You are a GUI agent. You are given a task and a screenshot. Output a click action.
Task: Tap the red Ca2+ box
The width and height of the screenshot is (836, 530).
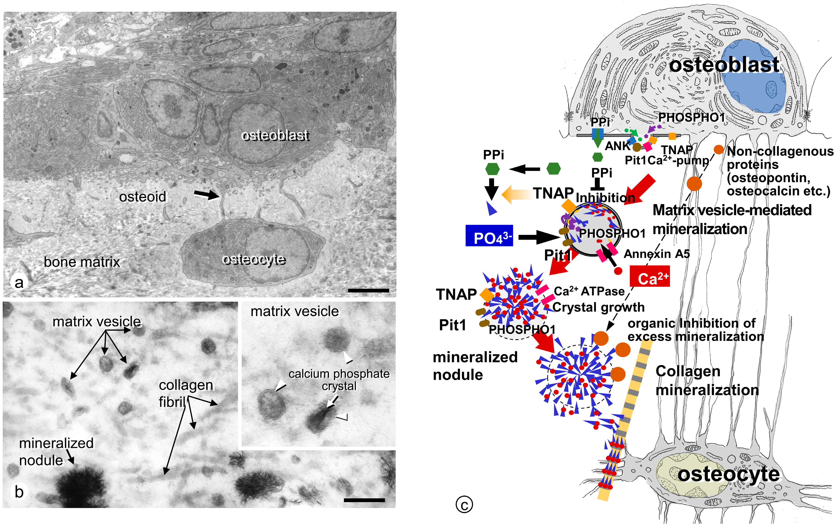point(649,276)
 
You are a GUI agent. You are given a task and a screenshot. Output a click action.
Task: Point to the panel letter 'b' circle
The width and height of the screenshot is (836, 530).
point(19,491)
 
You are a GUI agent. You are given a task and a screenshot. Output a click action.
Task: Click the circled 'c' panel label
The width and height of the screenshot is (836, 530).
point(464,505)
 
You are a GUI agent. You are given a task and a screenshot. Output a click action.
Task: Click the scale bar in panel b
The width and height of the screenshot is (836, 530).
point(364,500)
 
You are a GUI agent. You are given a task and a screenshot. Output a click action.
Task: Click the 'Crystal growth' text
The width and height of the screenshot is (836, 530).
point(598,307)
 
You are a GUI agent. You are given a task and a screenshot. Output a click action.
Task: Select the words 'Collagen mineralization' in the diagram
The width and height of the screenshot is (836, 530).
point(707,380)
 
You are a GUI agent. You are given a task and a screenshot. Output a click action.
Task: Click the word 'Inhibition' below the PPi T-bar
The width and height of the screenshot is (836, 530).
point(605,198)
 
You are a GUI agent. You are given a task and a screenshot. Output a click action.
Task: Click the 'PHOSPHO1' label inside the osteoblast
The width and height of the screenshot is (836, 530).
point(691,118)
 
